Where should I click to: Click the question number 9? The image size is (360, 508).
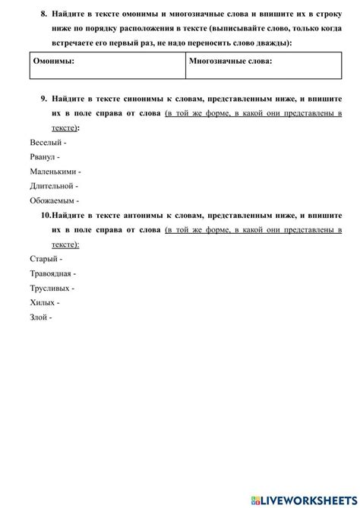click(43, 99)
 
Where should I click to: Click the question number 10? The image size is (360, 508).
click(41, 216)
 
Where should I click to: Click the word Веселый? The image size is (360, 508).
click(46, 143)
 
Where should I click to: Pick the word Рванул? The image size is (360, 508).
click(44, 157)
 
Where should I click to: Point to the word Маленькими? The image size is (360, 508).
click(52, 171)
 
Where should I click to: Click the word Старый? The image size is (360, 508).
click(43, 259)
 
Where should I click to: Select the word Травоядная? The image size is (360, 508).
click(50, 273)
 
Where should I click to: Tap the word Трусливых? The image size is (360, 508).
click(49, 289)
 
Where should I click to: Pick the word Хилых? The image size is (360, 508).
click(43, 303)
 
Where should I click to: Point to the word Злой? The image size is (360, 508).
click(39, 317)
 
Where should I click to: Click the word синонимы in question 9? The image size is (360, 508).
click(145, 99)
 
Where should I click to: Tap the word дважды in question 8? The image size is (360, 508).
click(257, 43)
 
